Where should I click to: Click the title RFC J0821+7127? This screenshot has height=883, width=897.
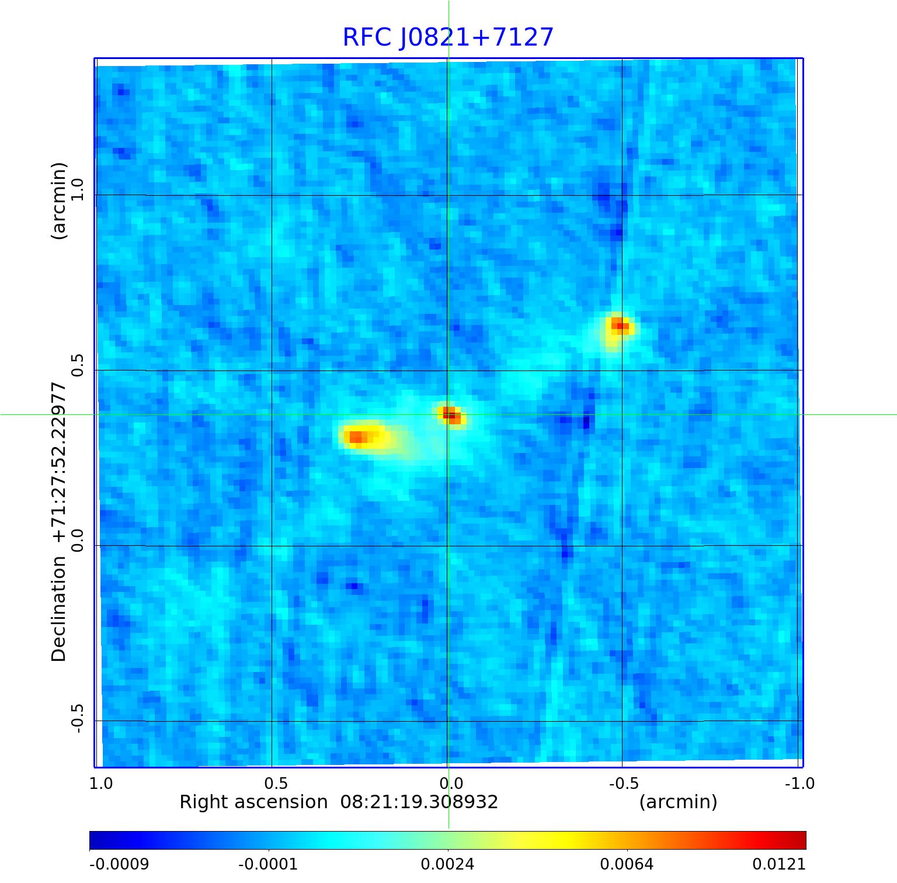(x=448, y=37)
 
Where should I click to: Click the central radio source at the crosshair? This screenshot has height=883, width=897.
(x=449, y=414)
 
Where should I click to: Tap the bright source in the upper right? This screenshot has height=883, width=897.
(x=620, y=326)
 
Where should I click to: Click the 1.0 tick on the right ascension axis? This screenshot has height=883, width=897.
(x=101, y=784)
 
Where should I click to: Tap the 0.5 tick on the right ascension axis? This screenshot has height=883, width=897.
(x=276, y=784)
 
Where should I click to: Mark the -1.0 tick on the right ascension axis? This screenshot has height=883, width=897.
(x=799, y=784)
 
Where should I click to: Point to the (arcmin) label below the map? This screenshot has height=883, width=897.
(x=678, y=802)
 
